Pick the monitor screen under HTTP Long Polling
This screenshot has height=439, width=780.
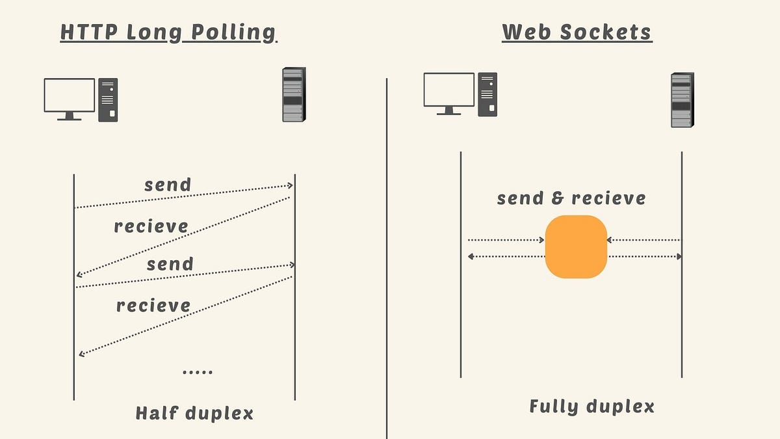coord(70,95)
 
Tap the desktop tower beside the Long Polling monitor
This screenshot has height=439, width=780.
coord(108,100)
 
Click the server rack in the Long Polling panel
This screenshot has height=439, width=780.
coord(293,95)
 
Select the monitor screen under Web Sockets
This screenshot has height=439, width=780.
coord(448,90)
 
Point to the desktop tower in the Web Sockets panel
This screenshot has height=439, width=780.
coord(487,95)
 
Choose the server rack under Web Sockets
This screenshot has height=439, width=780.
coord(682,100)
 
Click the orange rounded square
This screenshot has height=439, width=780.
coord(576,246)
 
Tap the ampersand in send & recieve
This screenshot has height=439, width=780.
coord(557,198)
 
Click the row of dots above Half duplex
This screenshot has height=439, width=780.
coord(198,373)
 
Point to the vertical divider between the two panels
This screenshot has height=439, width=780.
coord(387,260)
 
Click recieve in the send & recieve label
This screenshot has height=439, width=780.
coord(609,198)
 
